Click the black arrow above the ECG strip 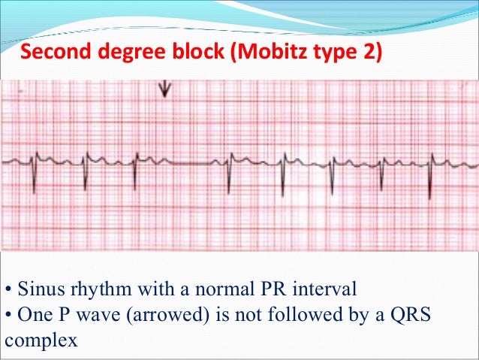164,89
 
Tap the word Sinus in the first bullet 36,289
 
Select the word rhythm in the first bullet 91,289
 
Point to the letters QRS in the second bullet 411,314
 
